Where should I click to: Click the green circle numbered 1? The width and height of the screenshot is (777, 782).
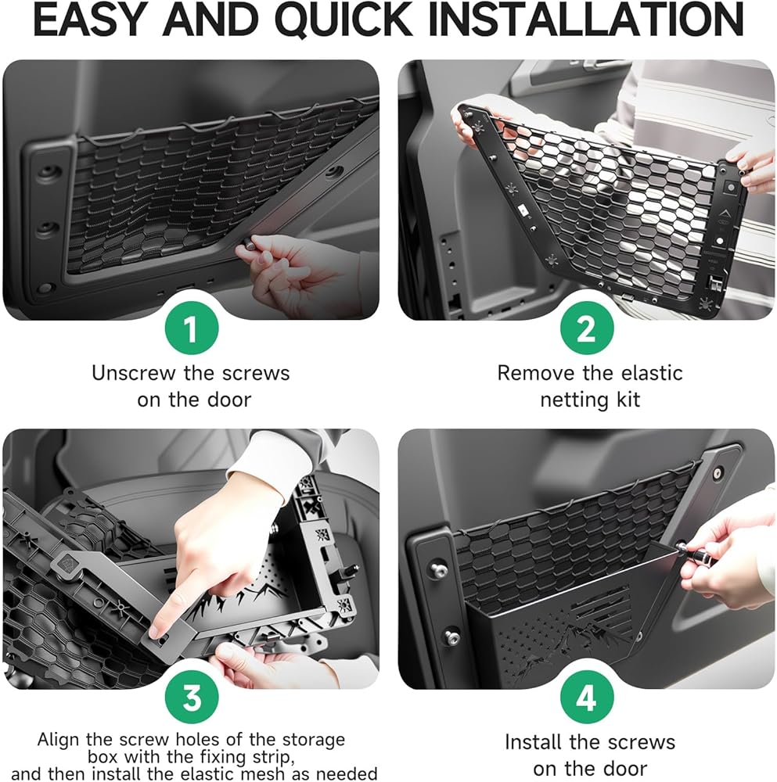(192, 328)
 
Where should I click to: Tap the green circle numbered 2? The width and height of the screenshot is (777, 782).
(586, 328)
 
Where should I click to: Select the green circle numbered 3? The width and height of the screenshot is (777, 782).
(192, 698)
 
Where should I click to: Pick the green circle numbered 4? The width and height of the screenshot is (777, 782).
(586, 698)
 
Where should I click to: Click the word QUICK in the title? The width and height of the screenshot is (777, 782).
(344, 20)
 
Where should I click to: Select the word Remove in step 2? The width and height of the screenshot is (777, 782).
(533, 373)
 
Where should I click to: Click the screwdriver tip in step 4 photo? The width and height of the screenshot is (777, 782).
(680, 547)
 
